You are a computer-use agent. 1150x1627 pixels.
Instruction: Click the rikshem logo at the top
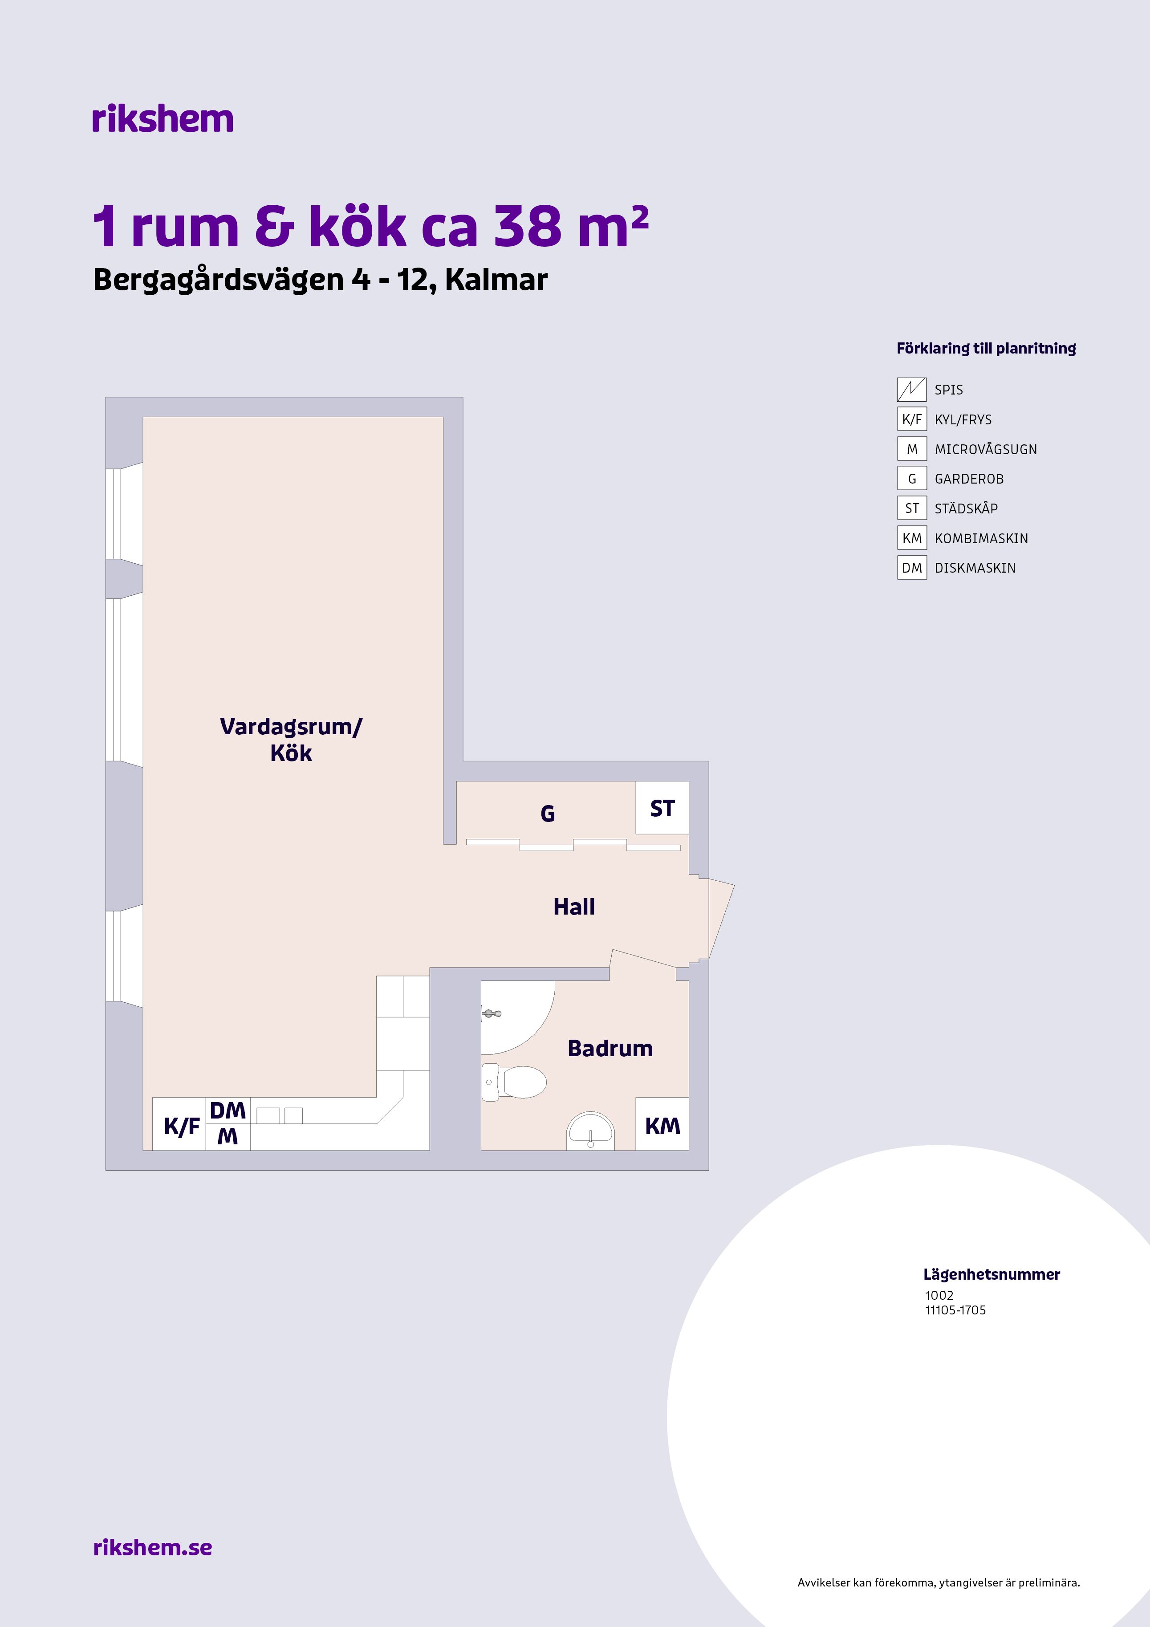click(x=162, y=118)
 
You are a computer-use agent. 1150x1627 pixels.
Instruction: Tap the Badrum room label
click(x=610, y=1048)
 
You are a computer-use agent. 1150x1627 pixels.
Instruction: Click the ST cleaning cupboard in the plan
click(x=662, y=808)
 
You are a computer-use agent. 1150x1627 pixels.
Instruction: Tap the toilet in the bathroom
click(x=514, y=1082)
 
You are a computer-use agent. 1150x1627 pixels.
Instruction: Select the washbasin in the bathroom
click(x=590, y=1131)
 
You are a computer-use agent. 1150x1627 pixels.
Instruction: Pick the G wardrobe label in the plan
click(x=548, y=813)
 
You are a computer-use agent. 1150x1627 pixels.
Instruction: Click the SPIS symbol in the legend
click(x=912, y=389)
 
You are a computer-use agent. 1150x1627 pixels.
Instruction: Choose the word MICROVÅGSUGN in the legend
click(x=986, y=449)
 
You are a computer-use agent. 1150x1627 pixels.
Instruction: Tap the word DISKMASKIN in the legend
click(x=975, y=568)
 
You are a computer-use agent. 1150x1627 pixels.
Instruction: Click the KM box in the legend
click(x=912, y=538)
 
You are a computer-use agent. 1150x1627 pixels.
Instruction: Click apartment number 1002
click(x=939, y=1295)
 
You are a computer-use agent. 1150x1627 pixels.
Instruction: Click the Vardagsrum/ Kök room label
click(x=291, y=739)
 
